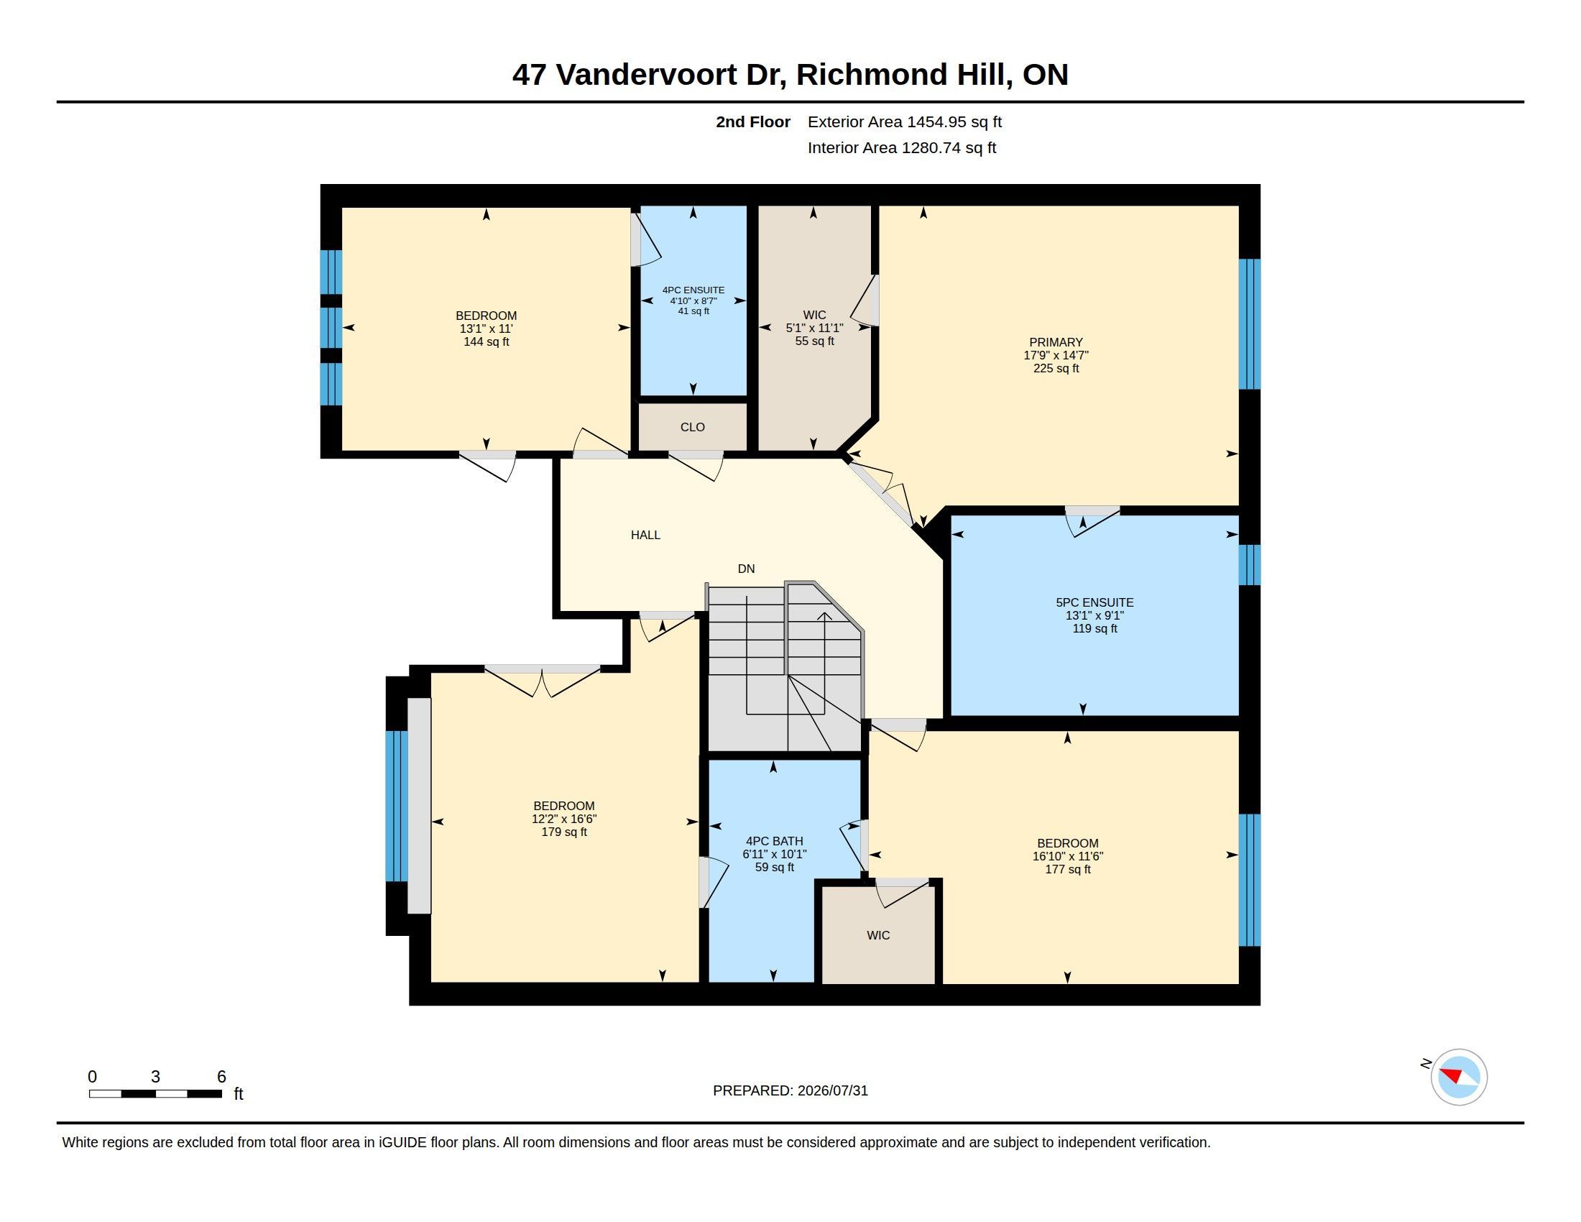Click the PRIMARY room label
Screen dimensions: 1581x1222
tap(1056, 342)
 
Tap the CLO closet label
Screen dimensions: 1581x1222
tap(693, 427)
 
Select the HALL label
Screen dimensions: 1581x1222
tap(646, 535)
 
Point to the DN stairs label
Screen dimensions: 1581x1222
tap(747, 569)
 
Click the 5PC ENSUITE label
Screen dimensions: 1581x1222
tap(1094, 602)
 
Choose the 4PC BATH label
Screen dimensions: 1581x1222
tap(775, 841)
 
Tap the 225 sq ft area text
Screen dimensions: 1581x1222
tap(1056, 369)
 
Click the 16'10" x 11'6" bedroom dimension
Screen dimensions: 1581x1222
tap(1068, 856)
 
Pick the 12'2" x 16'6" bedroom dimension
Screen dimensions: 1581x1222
tap(565, 819)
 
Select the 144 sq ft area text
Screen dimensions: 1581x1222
tap(487, 341)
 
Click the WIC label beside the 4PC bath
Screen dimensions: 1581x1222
tap(878, 935)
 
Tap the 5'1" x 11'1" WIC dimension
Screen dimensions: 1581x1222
tap(814, 328)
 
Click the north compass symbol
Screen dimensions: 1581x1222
tap(1459, 1077)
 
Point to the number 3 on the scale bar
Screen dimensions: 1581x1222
tap(155, 1077)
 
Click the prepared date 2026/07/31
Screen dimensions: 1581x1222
tap(832, 1090)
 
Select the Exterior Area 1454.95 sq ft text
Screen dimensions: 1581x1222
tap(905, 121)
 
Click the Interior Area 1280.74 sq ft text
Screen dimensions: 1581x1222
tap(902, 147)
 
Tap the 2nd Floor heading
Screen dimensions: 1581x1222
tap(753, 121)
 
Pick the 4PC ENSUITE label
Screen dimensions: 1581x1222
tap(693, 290)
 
